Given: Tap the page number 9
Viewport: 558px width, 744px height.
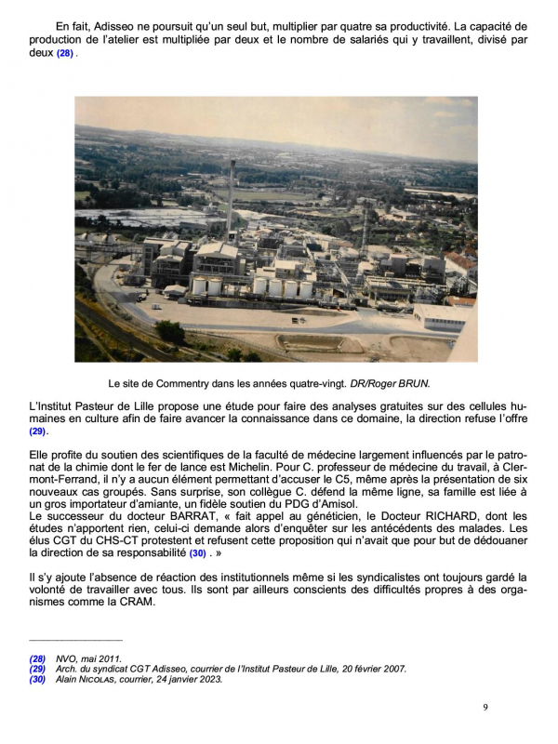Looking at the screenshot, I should (485, 708).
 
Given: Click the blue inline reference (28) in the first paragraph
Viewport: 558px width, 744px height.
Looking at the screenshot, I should (64, 54).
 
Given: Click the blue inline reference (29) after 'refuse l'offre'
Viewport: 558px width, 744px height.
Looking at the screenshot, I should (37, 432).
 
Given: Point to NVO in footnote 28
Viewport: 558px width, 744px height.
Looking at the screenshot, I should (66, 658).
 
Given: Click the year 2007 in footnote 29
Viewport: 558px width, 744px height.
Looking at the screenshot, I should (395, 668).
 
